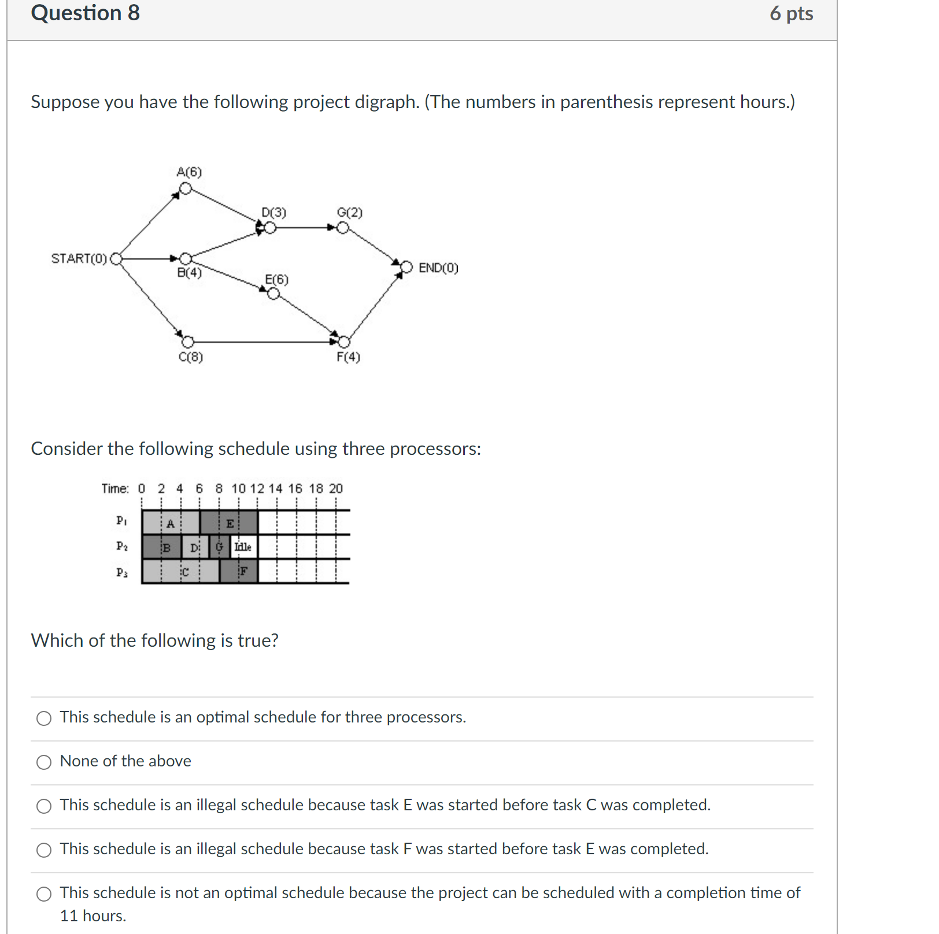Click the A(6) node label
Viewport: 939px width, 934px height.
coord(189,172)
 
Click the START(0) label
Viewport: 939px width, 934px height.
coord(79,258)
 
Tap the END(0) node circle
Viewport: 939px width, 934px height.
coord(406,267)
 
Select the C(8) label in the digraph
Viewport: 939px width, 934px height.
coord(191,357)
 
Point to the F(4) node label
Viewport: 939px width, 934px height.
coord(348,357)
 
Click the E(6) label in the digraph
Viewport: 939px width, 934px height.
coord(276,280)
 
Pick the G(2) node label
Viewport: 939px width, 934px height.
coord(349,213)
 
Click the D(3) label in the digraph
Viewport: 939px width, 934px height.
coord(273,213)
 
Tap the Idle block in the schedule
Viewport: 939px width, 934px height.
coord(243,547)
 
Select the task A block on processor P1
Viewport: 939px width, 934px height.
coord(171,523)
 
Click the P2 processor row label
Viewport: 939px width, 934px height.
coord(121,546)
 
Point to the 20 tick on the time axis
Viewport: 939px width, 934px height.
coord(336,489)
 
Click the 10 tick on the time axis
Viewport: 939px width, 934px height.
coord(239,489)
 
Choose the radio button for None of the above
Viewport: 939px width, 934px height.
coord(44,762)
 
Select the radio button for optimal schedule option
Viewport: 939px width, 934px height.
coord(44,718)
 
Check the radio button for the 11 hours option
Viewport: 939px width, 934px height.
coord(44,894)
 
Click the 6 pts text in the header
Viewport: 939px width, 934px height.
coord(791,14)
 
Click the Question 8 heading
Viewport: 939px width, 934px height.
coord(86,13)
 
